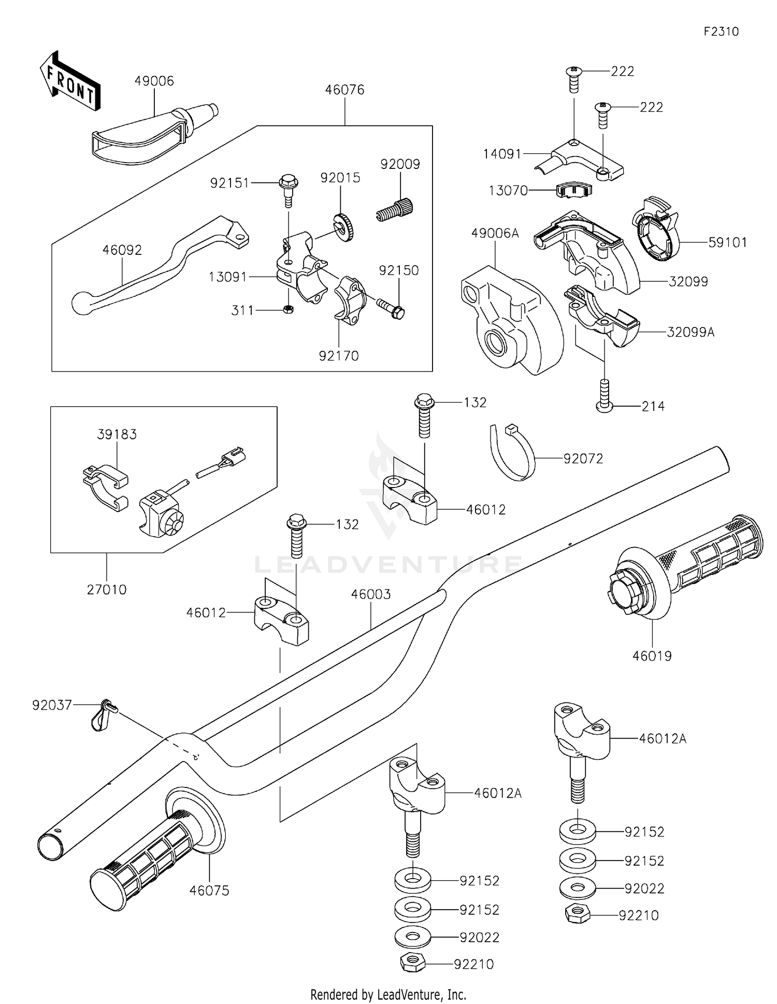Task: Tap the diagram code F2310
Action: pyautogui.click(x=721, y=32)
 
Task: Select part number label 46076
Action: pyautogui.click(x=344, y=90)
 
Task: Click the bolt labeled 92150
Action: pyautogui.click(x=391, y=308)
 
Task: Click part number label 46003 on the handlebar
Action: pyautogui.click(x=371, y=594)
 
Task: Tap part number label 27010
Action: pyautogui.click(x=107, y=590)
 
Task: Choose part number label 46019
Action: pyautogui.click(x=652, y=656)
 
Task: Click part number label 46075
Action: pyautogui.click(x=209, y=891)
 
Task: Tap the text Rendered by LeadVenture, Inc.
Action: pyautogui.click(x=388, y=994)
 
